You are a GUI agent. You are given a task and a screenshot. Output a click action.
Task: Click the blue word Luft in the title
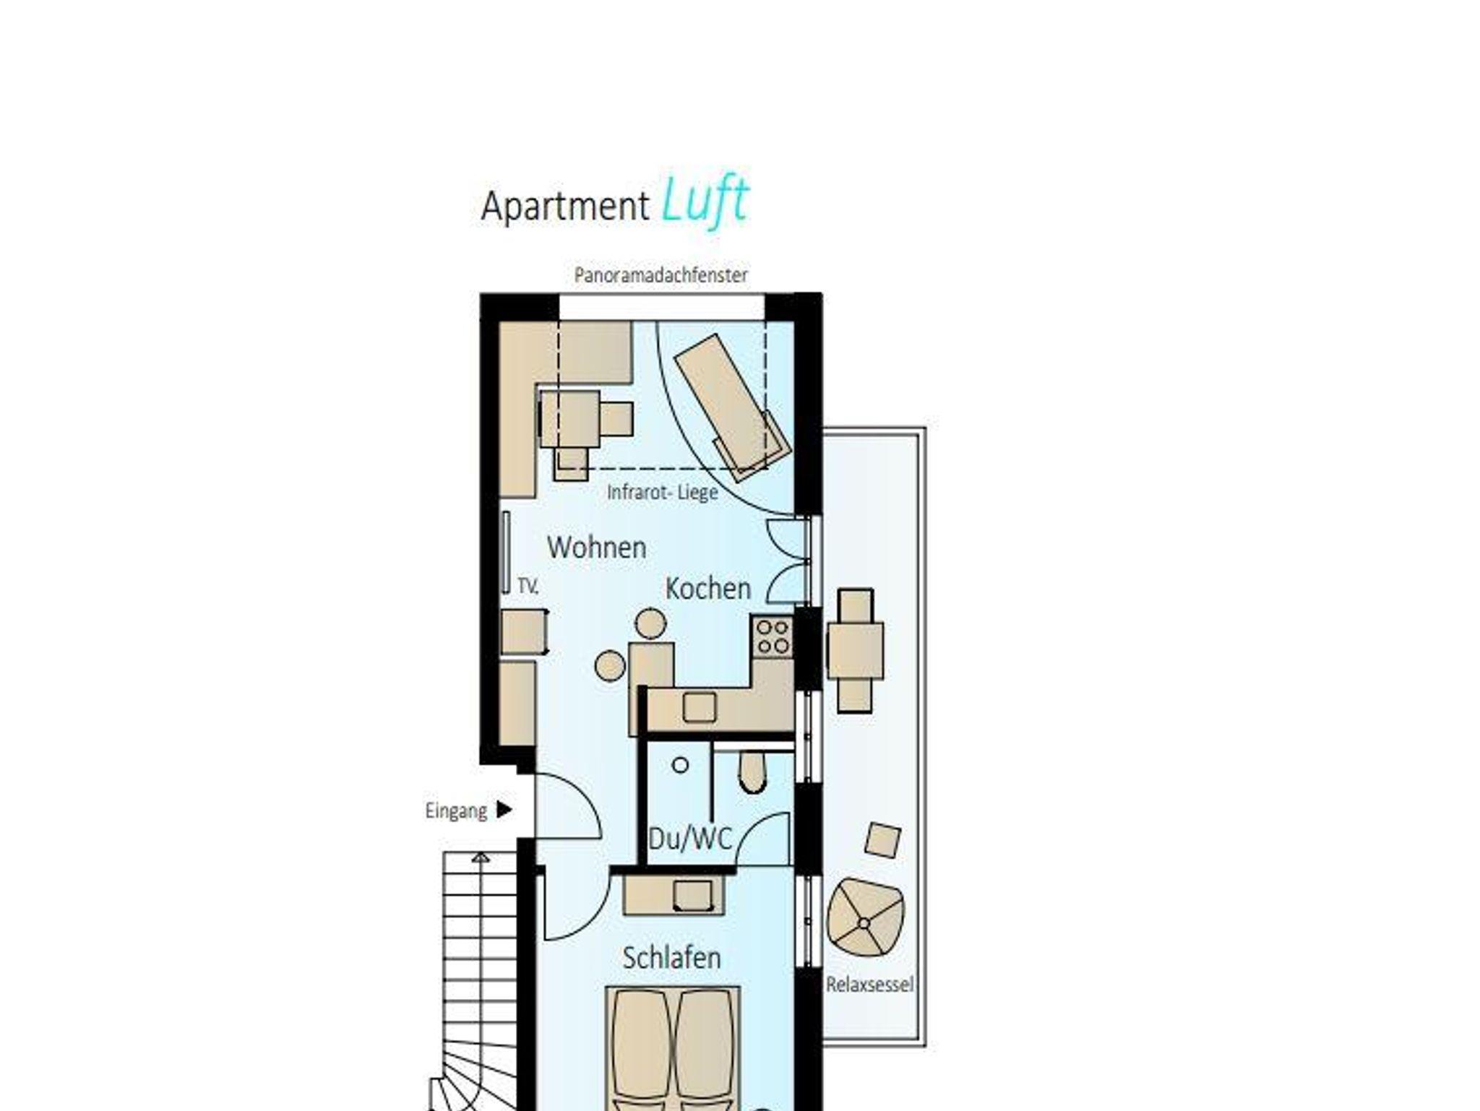point(705,202)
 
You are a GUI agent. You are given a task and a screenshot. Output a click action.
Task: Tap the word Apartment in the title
point(565,207)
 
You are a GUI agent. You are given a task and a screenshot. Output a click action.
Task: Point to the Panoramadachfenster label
point(661,275)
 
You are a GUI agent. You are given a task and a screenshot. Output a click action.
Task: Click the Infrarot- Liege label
point(662,493)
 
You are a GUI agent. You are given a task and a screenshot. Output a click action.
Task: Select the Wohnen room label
point(596,548)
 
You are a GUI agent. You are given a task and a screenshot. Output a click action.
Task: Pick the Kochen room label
point(707,589)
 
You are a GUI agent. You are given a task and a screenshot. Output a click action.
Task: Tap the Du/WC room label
point(689,839)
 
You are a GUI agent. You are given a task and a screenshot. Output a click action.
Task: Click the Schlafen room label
point(671,958)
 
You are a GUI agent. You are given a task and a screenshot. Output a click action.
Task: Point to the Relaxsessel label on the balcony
point(869,985)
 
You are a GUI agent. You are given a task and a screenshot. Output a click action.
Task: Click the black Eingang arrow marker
point(504,810)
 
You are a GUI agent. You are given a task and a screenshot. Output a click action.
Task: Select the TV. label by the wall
point(528,587)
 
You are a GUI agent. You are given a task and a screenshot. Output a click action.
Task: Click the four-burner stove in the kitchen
point(772,636)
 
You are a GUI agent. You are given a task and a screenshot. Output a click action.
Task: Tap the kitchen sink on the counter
point(699,707)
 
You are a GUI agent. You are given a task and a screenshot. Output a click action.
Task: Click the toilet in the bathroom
point(753,771)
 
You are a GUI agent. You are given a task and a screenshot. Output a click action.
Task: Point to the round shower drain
point(680,765)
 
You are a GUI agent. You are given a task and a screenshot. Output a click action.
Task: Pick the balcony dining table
point(855,650)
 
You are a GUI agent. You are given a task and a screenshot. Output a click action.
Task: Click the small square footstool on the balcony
point(883,840)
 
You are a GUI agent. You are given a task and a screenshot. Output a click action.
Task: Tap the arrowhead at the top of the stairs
point(481,857)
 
